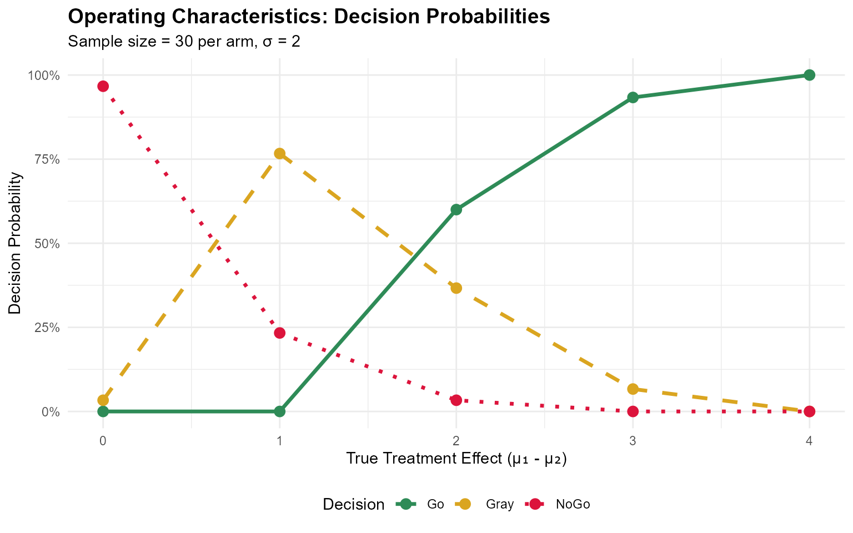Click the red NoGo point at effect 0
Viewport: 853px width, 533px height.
[x=103, y=86]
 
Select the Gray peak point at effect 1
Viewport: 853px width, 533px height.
[x=279, y=153]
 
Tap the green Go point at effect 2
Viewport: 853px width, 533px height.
[x=456, y=209]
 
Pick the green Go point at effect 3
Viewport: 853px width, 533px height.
[x=633, y=97]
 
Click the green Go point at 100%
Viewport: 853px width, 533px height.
[x=809, y=75]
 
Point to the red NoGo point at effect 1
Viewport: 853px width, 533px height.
[x=279, y=333]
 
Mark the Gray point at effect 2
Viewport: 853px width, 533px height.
[x=456, y=288]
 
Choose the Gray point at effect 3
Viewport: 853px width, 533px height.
[x=633, y=389]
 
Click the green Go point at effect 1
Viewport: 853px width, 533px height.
[x=279, y=411]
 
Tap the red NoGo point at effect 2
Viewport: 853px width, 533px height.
[x=456, y=400]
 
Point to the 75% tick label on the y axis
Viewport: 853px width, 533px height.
[x=47, y=159]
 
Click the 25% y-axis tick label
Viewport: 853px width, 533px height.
[x=47, y=328]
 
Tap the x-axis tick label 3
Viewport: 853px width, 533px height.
[x=633, y=441]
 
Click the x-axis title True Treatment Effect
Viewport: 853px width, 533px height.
[x=456, y=459]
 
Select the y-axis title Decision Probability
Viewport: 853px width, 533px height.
[x=16, y=243]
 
